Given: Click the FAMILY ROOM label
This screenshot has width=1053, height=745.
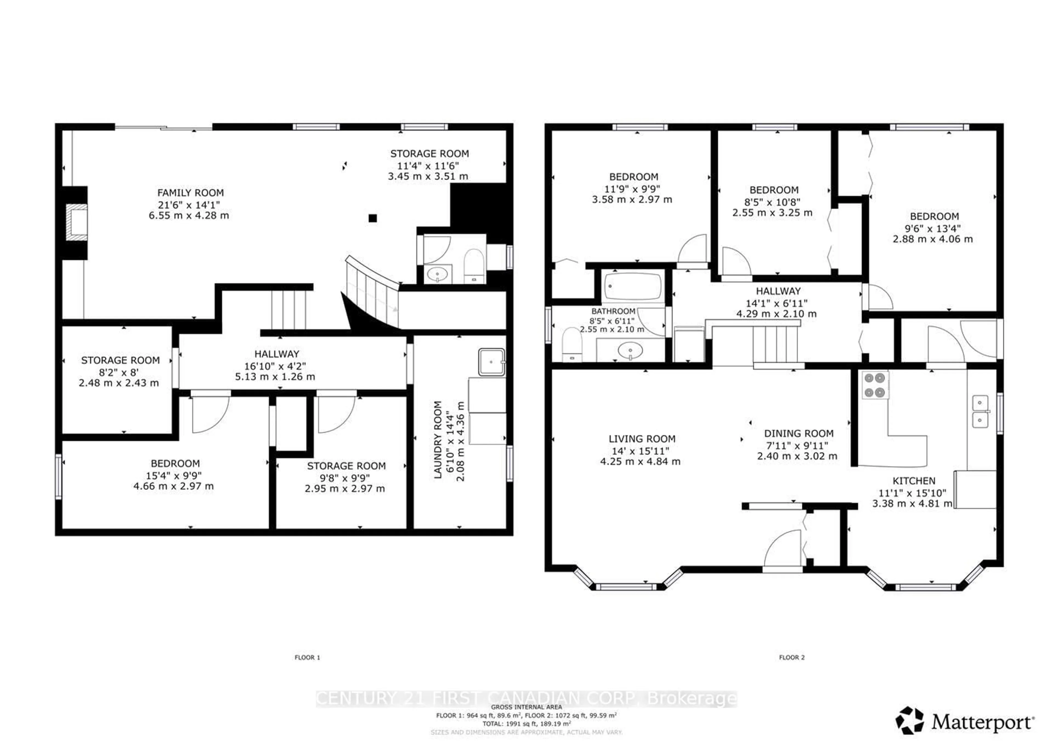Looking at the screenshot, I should click(190, 193).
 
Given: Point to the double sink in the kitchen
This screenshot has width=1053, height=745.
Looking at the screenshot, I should click(980, 411).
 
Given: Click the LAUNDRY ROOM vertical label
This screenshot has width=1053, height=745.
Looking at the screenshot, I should click(438, 439).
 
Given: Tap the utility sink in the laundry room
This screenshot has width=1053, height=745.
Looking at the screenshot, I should click(491, 362).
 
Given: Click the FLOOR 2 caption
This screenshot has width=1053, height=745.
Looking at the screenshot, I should click(792, 657).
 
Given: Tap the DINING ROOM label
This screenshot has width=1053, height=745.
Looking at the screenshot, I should click(799, 433).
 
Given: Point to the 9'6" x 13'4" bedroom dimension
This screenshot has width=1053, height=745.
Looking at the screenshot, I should click(933, 228).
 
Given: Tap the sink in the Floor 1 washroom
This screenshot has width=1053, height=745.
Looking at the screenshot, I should click(437, 274).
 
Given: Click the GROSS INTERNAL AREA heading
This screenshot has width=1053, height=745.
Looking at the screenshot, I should click(526, 707).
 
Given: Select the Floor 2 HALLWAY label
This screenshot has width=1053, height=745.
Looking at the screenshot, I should click(778, 291).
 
